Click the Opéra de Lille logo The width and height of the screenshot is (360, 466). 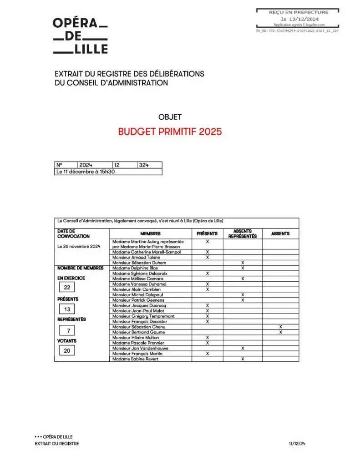coord(80,35)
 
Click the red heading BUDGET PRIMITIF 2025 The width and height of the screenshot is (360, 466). coord(170,132)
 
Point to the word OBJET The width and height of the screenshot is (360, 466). coord(169,117)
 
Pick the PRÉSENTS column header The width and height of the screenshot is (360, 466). coord(207,233)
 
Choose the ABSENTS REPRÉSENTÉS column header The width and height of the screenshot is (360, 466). coord(243,233)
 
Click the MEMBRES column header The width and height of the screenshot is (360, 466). coord(151,233)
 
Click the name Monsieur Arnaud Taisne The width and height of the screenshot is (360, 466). coord(135,258)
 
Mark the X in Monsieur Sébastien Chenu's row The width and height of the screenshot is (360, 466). coord(280,327)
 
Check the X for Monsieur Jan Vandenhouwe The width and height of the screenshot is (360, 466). coord(243,348)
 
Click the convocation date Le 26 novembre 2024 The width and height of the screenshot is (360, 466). coord(78,246)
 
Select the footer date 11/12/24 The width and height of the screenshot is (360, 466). coord(297,444)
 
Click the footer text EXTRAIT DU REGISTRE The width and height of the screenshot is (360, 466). coord(57,444)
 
